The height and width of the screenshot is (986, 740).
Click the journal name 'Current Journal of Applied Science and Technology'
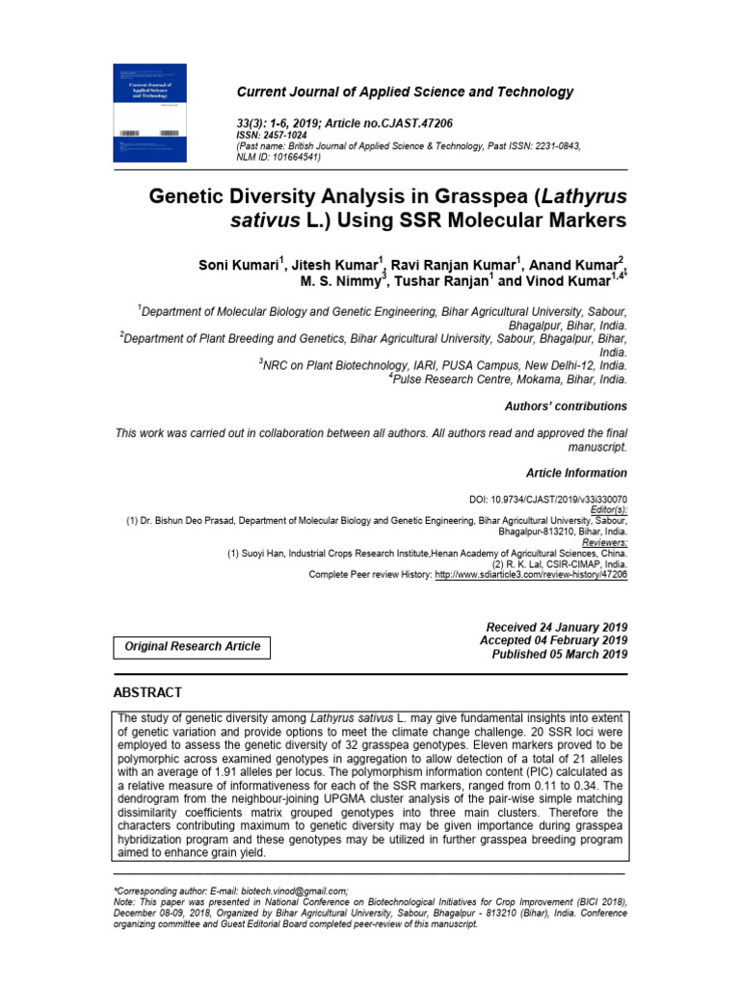point(405,92)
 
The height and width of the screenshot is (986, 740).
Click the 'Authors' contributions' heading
point(566,406)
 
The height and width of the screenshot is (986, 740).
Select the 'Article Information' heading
point(576,473)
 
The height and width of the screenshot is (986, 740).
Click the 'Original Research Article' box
point(193,646)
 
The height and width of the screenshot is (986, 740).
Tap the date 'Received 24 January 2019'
point(557,627)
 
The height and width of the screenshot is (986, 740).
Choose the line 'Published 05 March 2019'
point(560,654)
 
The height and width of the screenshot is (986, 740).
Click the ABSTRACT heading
point(147,692)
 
